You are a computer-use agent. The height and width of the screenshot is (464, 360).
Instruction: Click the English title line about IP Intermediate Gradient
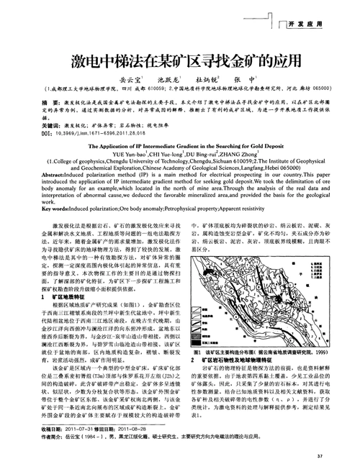click(179, 145)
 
